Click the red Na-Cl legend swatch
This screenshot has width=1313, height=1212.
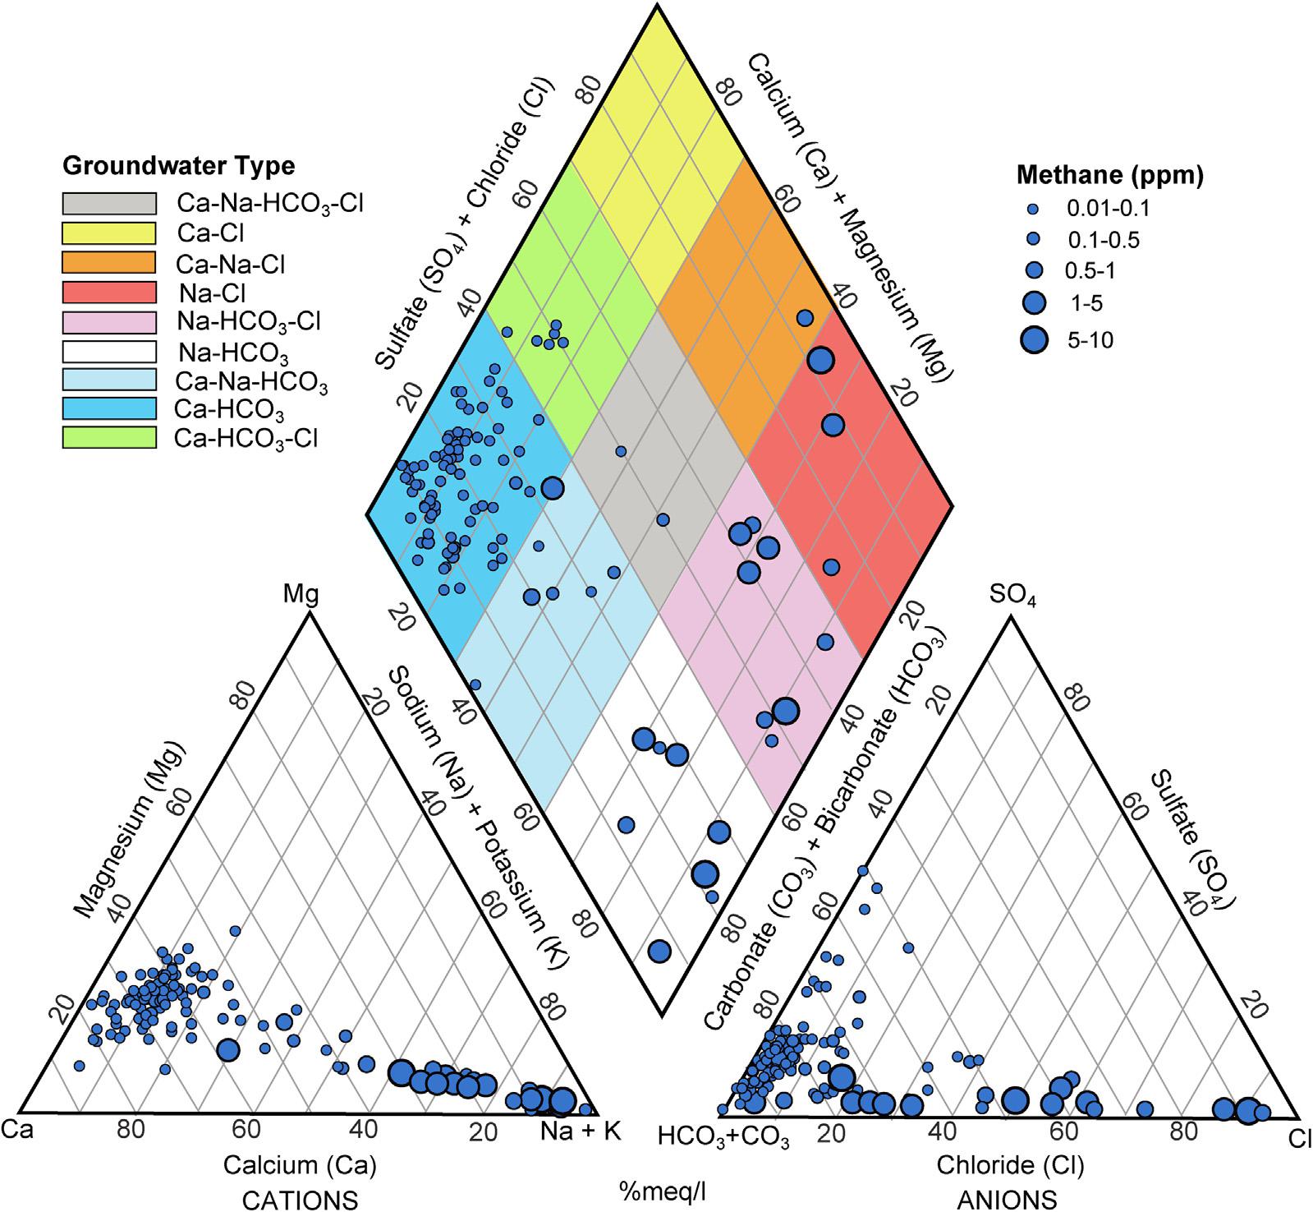(109, 292)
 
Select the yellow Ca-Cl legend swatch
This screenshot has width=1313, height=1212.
(109, 233)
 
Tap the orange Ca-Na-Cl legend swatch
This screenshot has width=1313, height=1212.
(109, 262)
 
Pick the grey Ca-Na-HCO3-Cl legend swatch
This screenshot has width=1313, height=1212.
(109, 203)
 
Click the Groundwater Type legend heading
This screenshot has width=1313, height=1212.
(178, 167)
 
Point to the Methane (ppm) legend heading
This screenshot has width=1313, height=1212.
(1110, 175)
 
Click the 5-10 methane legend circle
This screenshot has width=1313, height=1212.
(1036, 339)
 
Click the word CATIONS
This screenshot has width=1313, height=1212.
(300, 1200)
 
